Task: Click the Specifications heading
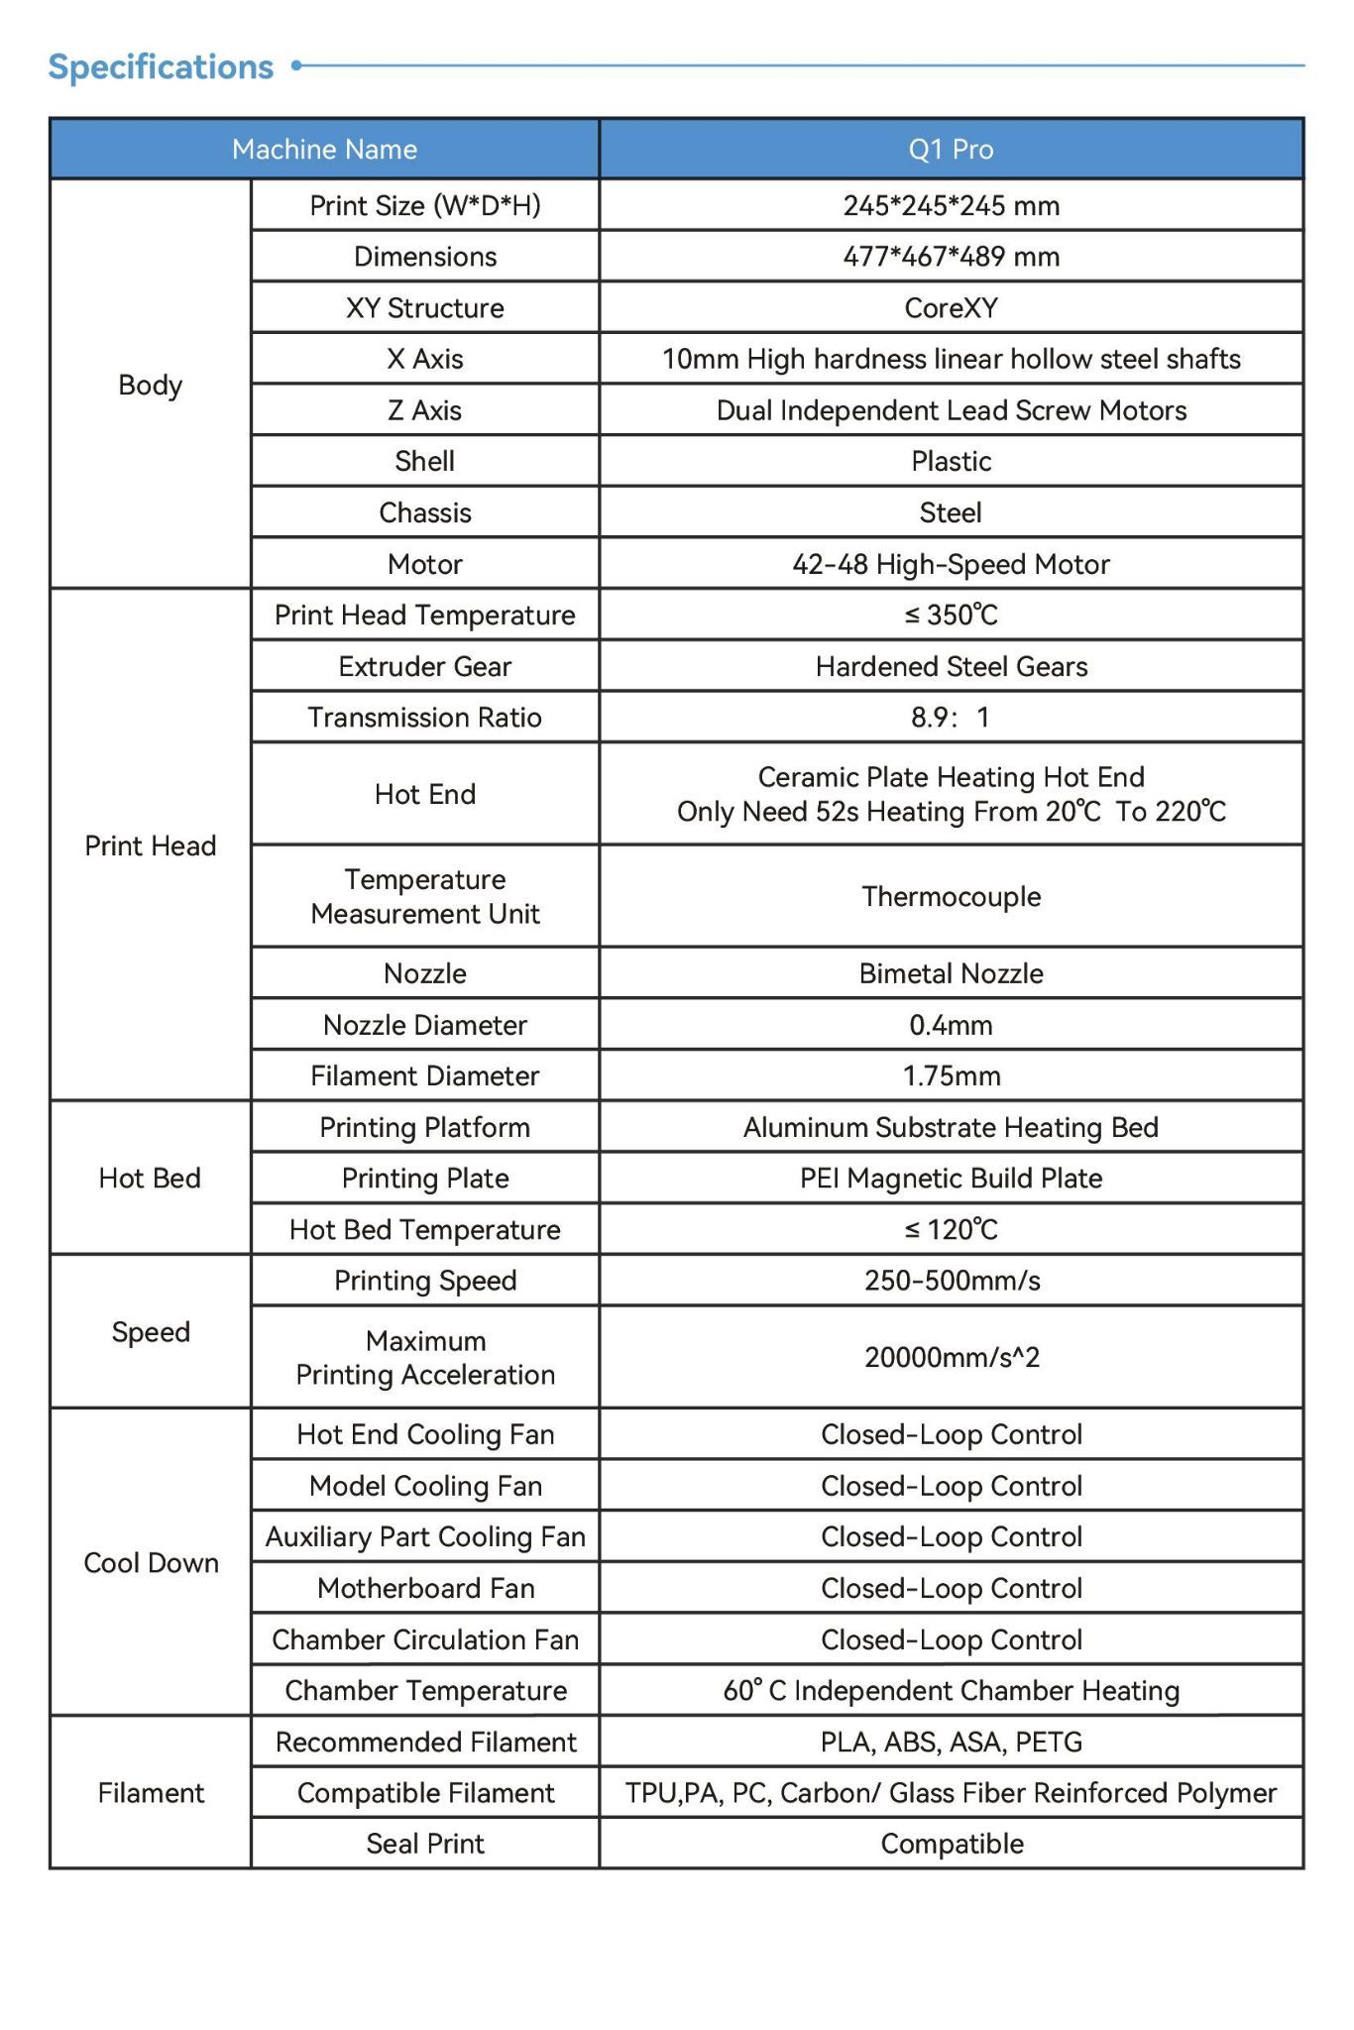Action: (161, 67)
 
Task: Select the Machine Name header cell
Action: (324, 150)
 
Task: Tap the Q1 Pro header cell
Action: (951, 150)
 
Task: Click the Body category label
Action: (150, 385)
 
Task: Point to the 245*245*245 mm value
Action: (951, 205)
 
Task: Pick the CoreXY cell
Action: (951, 308)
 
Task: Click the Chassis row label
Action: (424, 512)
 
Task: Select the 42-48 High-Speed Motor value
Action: (951, 564)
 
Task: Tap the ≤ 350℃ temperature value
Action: (951, 616)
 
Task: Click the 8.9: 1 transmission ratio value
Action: (951, 718)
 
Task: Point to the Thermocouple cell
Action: (951, 897)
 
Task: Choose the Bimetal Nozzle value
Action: (951, 973)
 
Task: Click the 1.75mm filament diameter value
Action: (951, 1076)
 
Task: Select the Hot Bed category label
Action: (150, 1179)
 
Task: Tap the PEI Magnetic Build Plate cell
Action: (951, 1179)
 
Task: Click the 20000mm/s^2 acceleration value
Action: (951, 1357)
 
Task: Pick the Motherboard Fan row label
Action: (425, 1589)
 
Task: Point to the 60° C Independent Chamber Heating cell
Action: (951, 1691)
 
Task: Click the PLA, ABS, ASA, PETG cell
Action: (951, 1743)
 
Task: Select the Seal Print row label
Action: (424, 1844)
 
